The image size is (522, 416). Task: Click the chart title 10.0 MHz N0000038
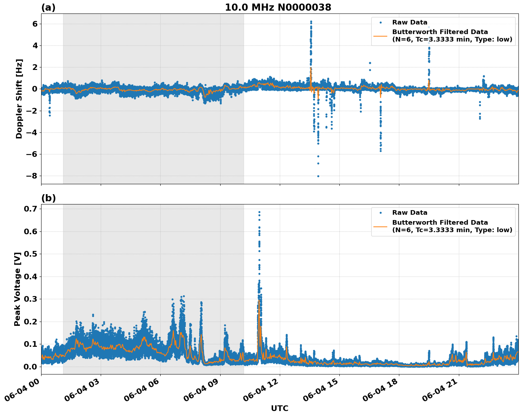[278, 7]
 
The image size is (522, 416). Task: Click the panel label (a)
[48, 7]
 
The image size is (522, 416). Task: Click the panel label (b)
[48, 198]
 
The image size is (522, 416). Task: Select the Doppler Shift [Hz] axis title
[19, 99]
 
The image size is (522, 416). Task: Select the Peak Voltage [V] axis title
[17, 289]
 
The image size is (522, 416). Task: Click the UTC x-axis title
[279, 408]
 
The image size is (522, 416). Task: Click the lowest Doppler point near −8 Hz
[318, 176]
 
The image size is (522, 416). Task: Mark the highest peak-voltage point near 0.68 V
[259, 212]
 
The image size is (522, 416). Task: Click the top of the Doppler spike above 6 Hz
[311, 22]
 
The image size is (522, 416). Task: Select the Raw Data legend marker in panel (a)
[381, 22]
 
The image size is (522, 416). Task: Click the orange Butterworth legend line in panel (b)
[381, 226]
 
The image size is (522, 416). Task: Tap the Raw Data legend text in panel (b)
[410, 213]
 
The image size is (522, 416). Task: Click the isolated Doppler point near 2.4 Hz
[370, 63]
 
